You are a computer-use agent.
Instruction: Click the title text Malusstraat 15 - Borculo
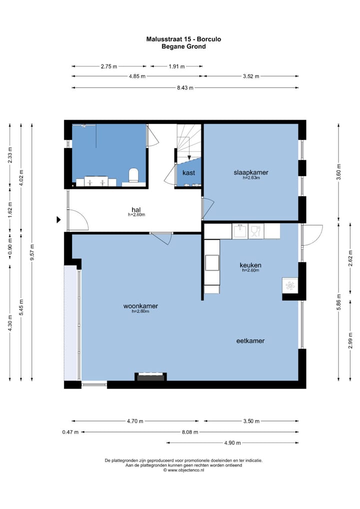(183, 39)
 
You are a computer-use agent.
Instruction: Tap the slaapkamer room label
(251, 172)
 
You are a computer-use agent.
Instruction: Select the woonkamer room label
(140, 306)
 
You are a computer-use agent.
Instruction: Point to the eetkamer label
(250, 341)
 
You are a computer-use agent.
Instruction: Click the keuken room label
(250, 265)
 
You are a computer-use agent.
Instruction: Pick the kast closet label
(188, 172)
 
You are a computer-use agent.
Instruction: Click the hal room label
(136, 209)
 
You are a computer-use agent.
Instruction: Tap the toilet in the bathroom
(133, 175)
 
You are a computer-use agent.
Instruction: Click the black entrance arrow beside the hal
(59, 220)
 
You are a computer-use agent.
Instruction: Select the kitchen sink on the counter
(240, 231)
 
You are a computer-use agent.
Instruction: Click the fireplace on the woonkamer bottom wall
(150, 377)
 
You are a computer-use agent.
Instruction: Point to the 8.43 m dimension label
(185, 87)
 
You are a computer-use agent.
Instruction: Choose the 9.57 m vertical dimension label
(32, 252)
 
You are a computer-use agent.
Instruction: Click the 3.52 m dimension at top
(251, 76)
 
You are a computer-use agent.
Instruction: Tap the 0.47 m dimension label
(70, 432)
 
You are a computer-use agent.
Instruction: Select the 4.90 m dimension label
(232, 443)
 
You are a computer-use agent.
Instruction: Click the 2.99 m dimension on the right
(350, 341)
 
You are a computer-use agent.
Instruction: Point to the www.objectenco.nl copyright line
(183, 469)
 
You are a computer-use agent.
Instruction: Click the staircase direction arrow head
(189, 158)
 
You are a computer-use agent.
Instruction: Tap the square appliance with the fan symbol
(290, 285)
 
